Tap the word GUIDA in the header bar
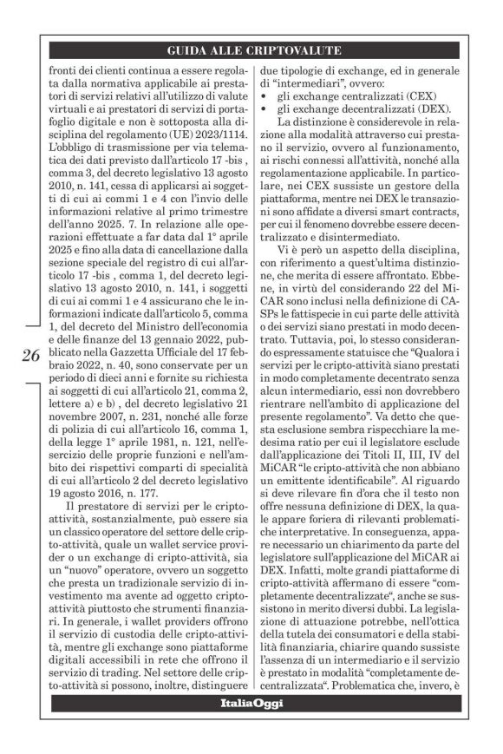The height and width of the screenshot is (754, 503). coord(189,50)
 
